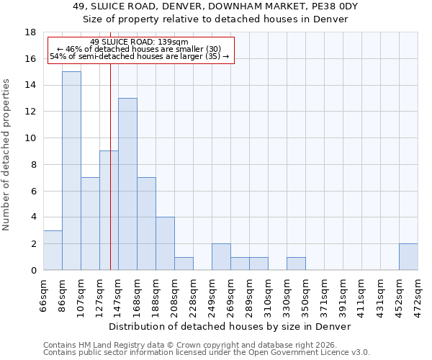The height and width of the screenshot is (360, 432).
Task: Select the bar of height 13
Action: click(x=127, y=184)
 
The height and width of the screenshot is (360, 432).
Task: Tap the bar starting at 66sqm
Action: click(x=53, y=251)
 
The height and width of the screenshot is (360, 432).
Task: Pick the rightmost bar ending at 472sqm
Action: click(x=408, y=257)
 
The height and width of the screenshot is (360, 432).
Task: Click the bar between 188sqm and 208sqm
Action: click(x=165, y=244)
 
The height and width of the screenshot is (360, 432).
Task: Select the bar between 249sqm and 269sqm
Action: click(x=221, y=257)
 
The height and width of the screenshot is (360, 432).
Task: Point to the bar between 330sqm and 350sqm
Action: click(x=296, y=264)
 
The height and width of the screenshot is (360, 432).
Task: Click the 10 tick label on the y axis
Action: click(x=30, y=138)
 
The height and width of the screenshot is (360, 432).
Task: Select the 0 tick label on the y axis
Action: click(x=33, y=271)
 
